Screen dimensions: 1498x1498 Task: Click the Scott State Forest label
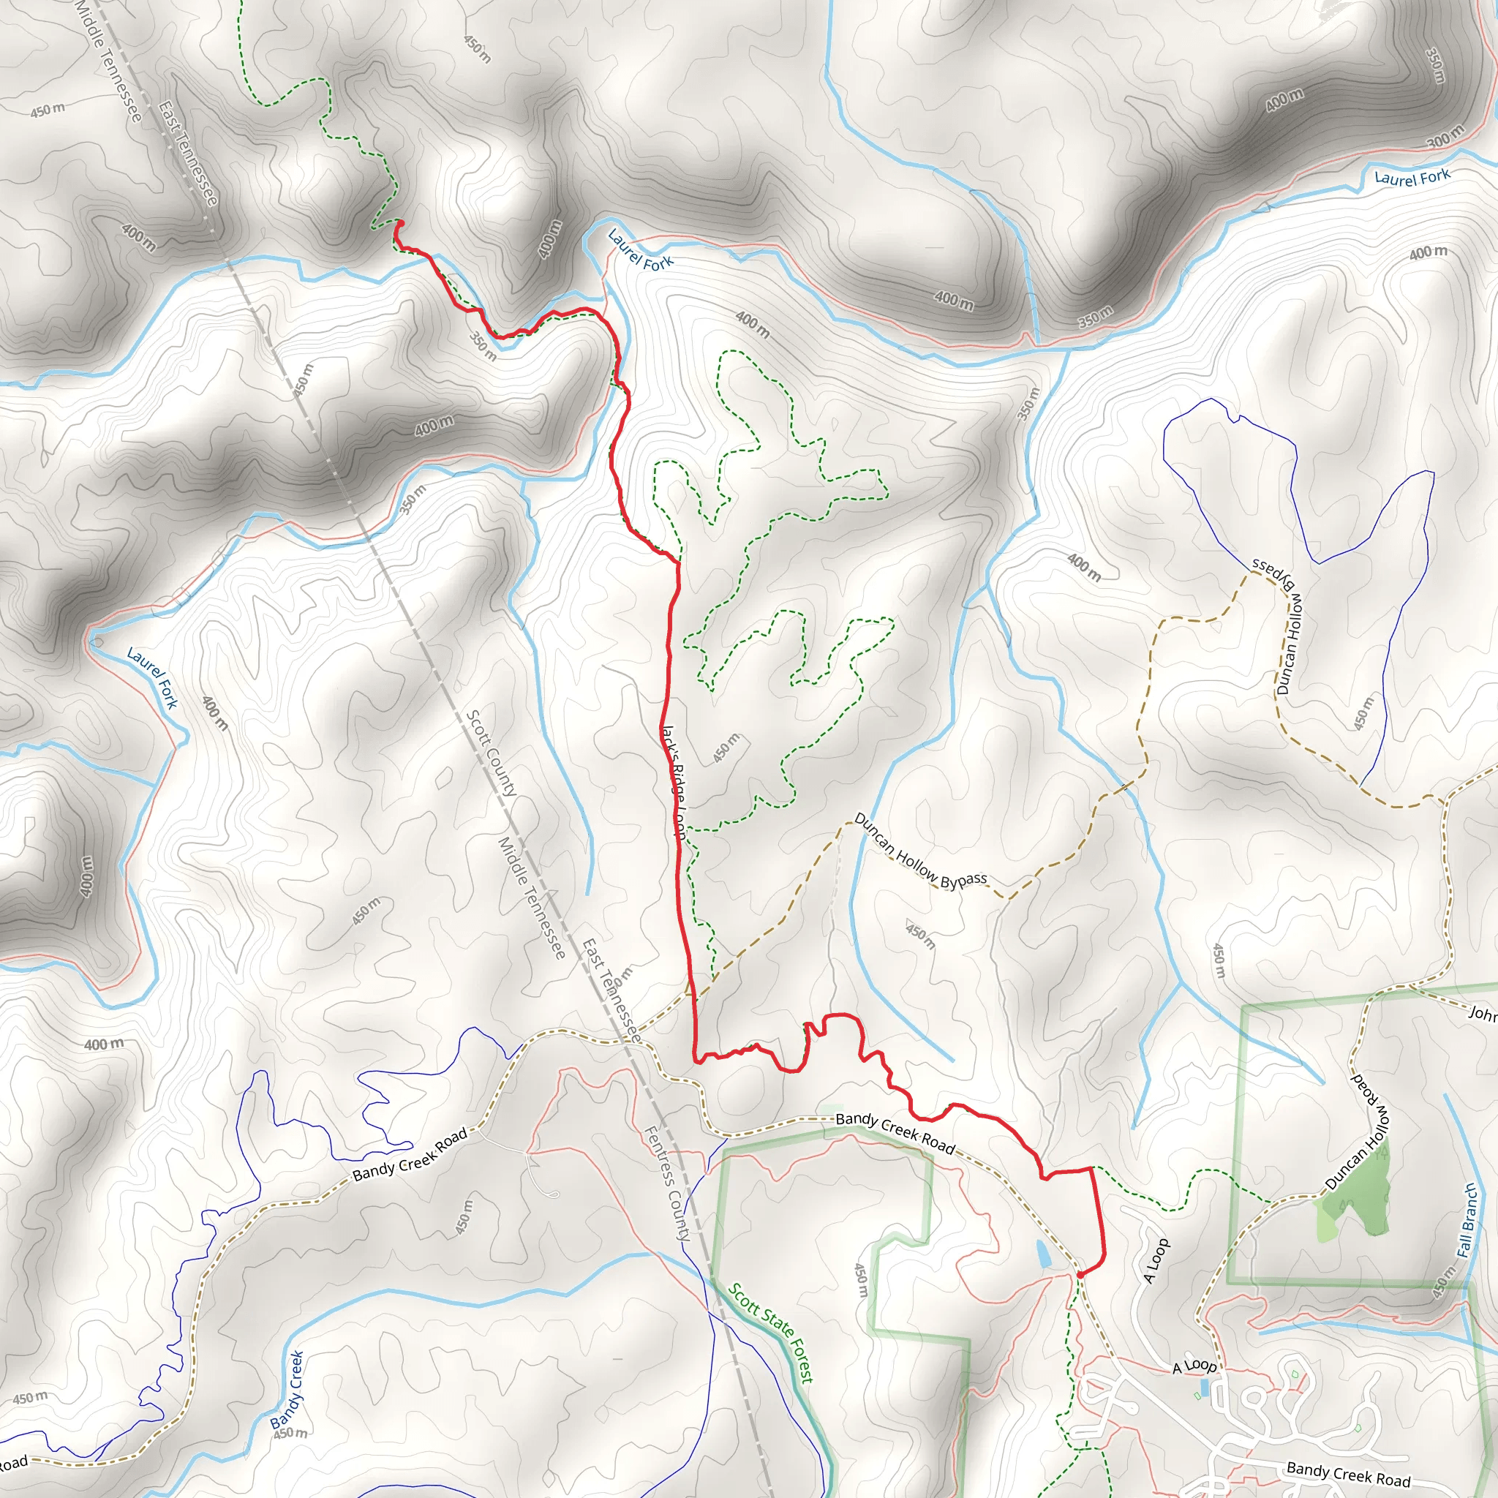(x=772, y=1333)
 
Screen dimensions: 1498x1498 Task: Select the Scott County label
(x=491, y=753)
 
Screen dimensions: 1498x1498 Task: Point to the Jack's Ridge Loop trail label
(x=673, y=782)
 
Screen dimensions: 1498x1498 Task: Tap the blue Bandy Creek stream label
(x=287, y=1389)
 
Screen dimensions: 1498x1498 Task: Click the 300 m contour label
(x=1445, y=137)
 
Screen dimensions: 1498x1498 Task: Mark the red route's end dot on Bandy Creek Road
(x=1080, y=1274)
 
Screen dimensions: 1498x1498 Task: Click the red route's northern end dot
(x=399, y=223)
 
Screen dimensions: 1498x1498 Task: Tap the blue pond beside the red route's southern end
(x=1043, y=1253)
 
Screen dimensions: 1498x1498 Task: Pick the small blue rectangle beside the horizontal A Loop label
(x=1203, y=1386)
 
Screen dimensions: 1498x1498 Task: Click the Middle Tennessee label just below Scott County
(x=531, y=897)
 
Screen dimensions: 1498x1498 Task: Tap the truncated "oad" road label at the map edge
(x=13, y=1463)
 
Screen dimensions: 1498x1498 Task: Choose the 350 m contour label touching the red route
(x=483, y=347)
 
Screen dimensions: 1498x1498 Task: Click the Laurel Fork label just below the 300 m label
(x=1411, y=178)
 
